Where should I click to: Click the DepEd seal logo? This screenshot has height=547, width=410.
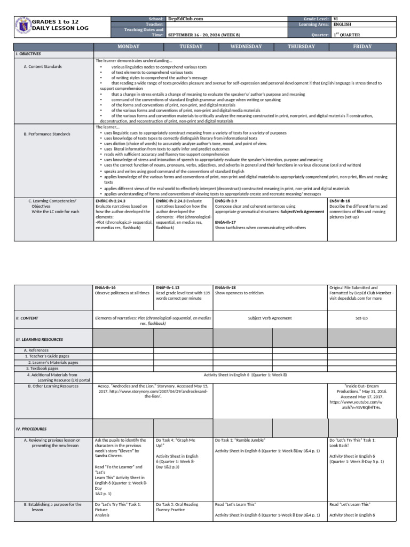click(22, 27)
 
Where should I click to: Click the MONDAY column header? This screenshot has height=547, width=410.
click(124, 46)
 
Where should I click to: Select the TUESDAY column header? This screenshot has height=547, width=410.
click(183, 46)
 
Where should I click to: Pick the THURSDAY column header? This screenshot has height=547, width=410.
click(301, 46)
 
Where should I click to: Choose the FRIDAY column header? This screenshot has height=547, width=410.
click(362, 46)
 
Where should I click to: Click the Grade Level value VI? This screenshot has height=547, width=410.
click(335, 19)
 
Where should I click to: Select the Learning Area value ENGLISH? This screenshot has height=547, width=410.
click(342, 25)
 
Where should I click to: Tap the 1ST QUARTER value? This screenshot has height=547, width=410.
click(346, 35)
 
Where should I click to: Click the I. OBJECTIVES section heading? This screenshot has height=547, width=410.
click(28, 54)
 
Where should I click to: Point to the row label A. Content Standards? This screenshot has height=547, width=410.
click(43, 67)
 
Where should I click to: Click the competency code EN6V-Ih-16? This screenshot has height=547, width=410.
click(340, 200)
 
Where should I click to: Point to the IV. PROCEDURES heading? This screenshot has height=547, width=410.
click(31, 428)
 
